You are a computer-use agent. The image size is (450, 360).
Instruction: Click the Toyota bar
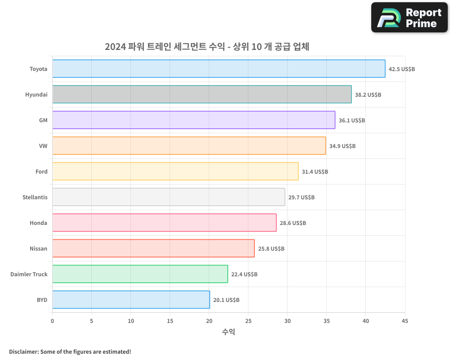219,69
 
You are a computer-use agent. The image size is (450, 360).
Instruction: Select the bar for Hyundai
202,94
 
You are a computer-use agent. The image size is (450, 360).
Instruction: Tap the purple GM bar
193,120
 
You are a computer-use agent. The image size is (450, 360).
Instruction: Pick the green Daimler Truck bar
140,274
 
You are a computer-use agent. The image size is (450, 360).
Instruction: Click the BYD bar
131,300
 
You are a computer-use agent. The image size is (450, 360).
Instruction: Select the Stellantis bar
168,197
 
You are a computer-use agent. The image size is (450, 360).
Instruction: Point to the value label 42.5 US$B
402,69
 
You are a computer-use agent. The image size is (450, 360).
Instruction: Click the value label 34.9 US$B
342,146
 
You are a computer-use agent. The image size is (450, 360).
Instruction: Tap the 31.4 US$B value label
315,172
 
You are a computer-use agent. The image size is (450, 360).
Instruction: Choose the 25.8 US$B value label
271,249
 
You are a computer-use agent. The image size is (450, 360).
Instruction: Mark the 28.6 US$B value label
293,223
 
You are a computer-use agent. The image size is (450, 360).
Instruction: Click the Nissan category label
38,249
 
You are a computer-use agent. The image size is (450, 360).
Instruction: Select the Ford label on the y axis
41,172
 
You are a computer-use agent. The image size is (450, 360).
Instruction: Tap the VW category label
43,146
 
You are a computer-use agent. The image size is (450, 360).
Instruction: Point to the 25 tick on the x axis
248,321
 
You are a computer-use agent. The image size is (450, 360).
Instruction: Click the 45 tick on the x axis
405,321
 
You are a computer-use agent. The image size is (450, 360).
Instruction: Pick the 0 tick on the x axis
53,321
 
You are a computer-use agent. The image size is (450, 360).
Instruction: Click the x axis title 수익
229,332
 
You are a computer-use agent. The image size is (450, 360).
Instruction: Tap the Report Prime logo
409,18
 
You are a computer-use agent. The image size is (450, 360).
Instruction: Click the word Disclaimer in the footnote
23,351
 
